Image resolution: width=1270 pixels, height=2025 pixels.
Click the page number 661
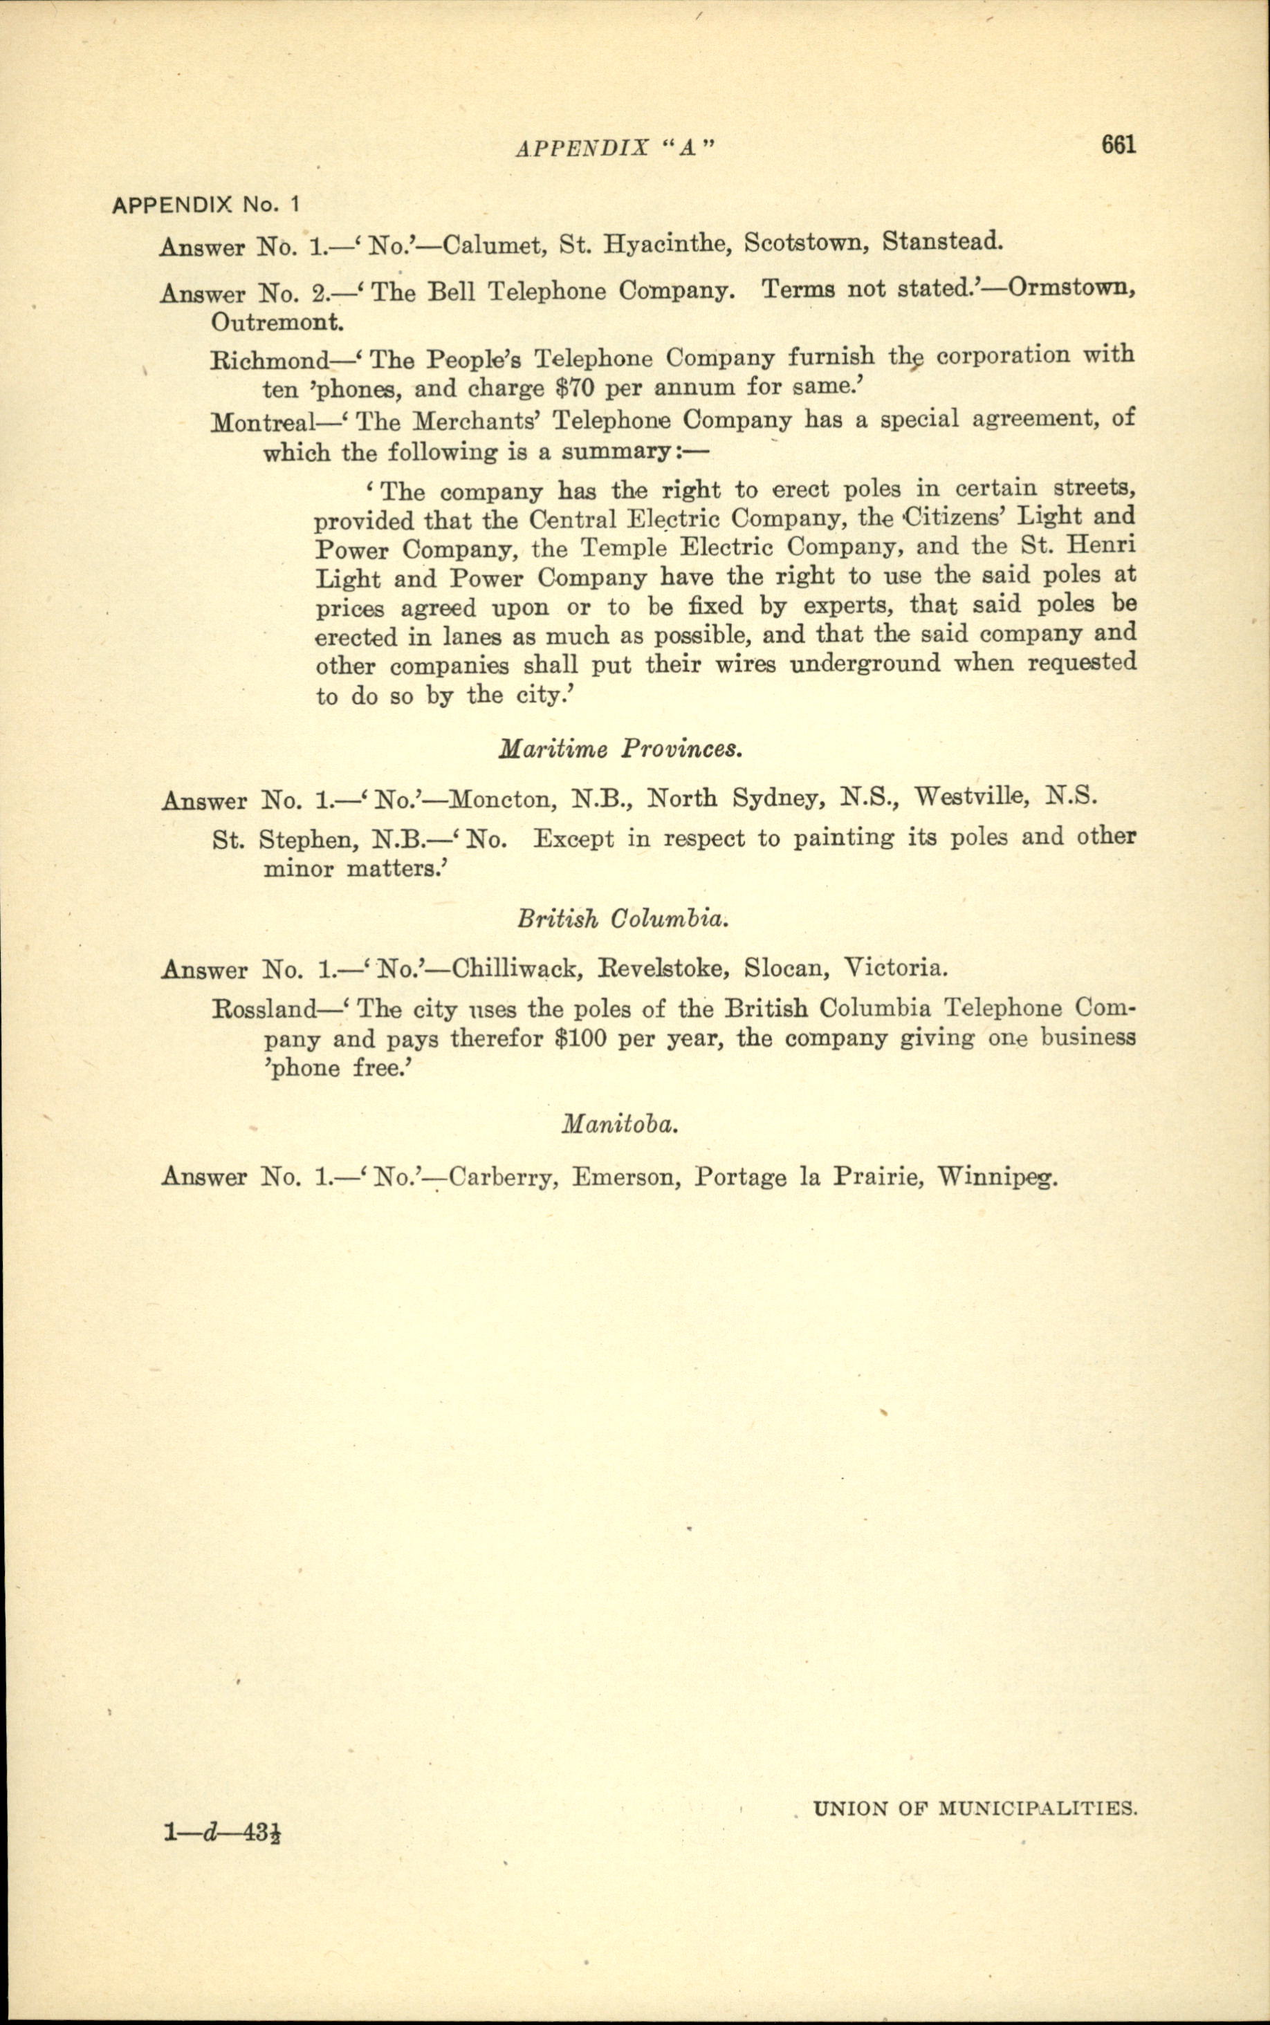pyautogui.click(x=1118, y=145)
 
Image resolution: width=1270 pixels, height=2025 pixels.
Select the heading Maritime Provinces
pyautogui.click(x=620, y=748)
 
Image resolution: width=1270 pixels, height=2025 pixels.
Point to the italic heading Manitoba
pyautogui.click(x=620, y=1123)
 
